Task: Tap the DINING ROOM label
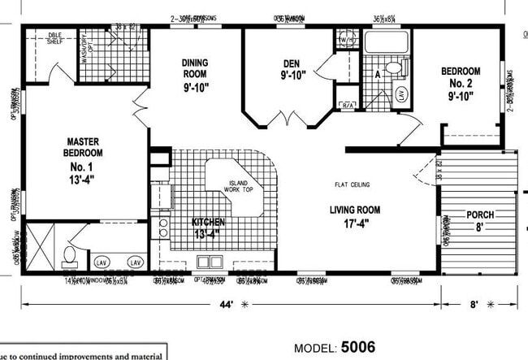tap(197, 72)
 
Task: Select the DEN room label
tap(292, 70)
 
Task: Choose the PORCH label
tap(480, 220)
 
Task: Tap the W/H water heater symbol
tap(346, 40)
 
